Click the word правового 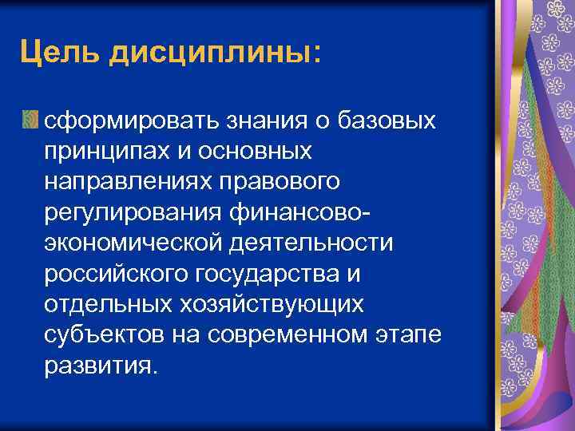[x=276, y=181]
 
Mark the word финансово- [x=303, y=212]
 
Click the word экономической [x=130, y=242]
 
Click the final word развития [x=101, y=365]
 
